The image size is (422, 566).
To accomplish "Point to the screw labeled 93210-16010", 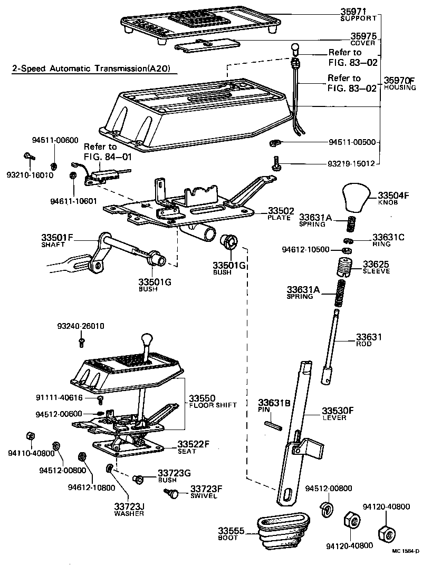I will coord(28,157).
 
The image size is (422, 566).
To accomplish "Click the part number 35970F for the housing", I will coord(399,81).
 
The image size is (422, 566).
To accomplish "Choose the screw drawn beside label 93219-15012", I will coord(275,164).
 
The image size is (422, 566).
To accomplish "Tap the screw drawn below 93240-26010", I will coord(81,343).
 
